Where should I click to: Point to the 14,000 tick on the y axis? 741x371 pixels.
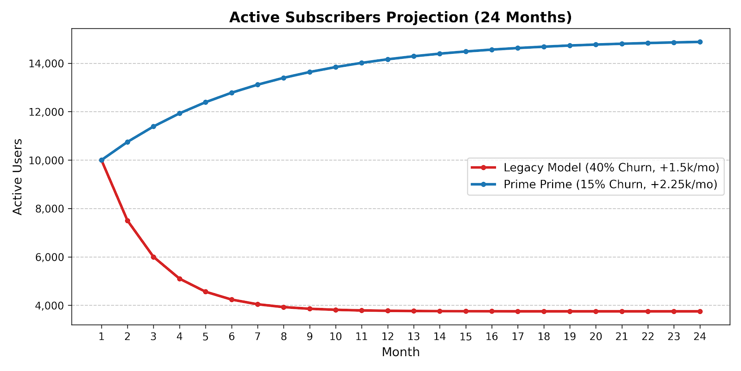(46, 64)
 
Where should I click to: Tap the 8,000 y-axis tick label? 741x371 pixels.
(49, 209)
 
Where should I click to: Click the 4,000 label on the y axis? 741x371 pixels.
(49, 306)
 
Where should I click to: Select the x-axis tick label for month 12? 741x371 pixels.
(388, 337)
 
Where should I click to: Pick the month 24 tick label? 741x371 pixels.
(700, 337)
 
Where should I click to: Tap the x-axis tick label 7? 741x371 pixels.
(257, 337)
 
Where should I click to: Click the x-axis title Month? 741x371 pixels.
(401, 352)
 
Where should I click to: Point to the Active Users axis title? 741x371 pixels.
(17, 177)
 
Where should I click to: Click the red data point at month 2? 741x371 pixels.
(128, 221)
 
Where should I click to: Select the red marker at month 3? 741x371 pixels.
(153, 257)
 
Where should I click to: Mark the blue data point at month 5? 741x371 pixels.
(206, 102)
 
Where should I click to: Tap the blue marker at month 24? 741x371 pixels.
(700, 42)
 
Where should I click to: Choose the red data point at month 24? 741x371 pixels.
(700, 311)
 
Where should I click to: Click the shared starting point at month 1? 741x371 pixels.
(101, 160)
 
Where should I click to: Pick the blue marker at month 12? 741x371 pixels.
(388, 59)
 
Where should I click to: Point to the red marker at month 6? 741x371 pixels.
(232, 300)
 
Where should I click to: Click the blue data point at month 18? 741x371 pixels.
(544, 47)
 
